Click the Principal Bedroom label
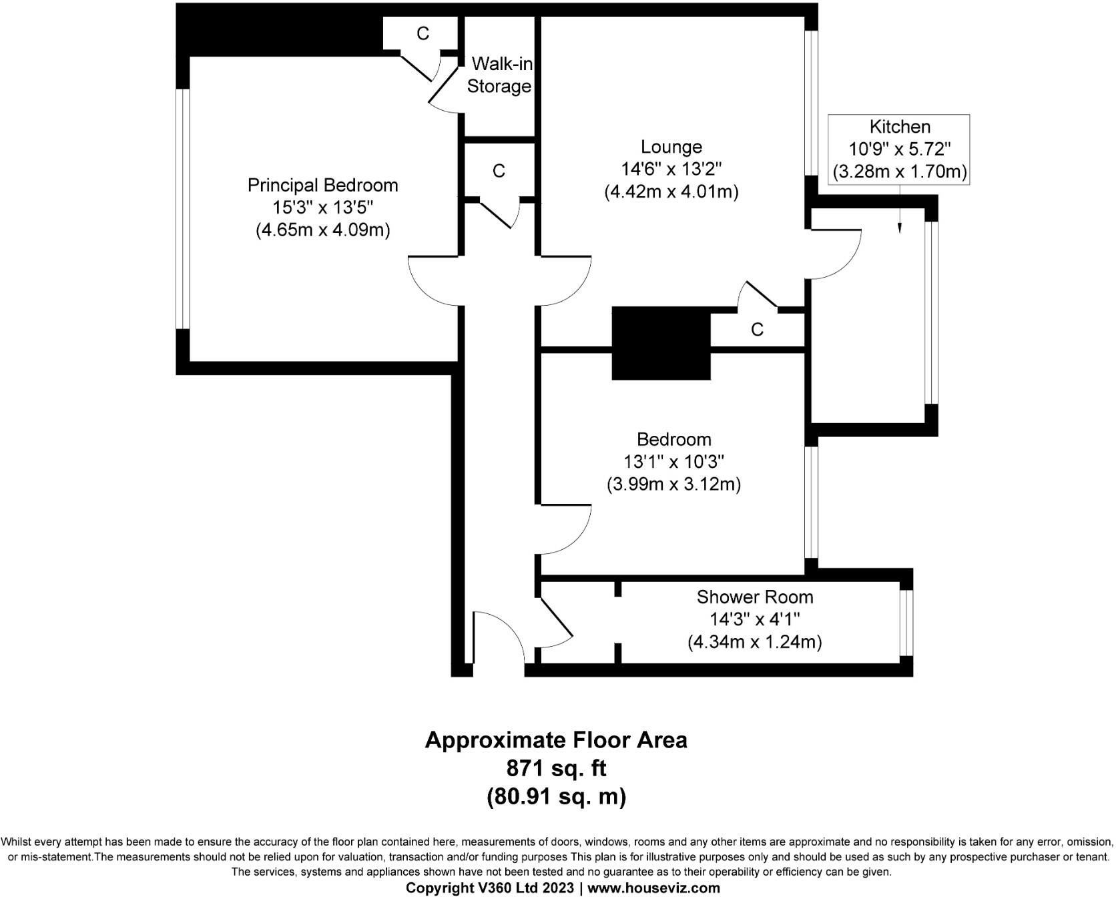pos(322,185)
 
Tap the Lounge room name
pos(671,147)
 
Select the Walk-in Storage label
pos(499,75)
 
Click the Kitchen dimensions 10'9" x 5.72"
pos(900,149)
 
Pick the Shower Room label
pos(755,597)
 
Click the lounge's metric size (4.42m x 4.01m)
pos(671,192)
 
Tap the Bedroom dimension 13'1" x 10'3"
pos(673,461)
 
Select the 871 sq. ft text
pos(556,768)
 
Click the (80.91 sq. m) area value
pos(556,796)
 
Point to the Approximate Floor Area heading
pos(556,740)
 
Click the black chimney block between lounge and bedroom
pos(661,343)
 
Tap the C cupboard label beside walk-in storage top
pos(423,33)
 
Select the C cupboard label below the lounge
pos(757,330)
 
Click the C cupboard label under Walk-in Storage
pos(499,172)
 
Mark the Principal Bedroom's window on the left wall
pos(183,209)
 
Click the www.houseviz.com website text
pos(653,888)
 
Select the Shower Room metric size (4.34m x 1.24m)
pos(755,642)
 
